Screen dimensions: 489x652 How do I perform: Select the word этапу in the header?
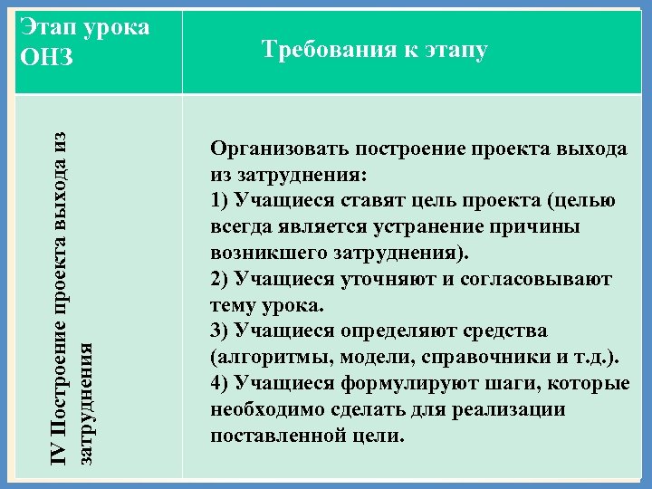coord(454,50)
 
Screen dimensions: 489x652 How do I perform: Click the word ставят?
coord(371,200)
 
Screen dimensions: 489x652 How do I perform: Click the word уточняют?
coord(381,278)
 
